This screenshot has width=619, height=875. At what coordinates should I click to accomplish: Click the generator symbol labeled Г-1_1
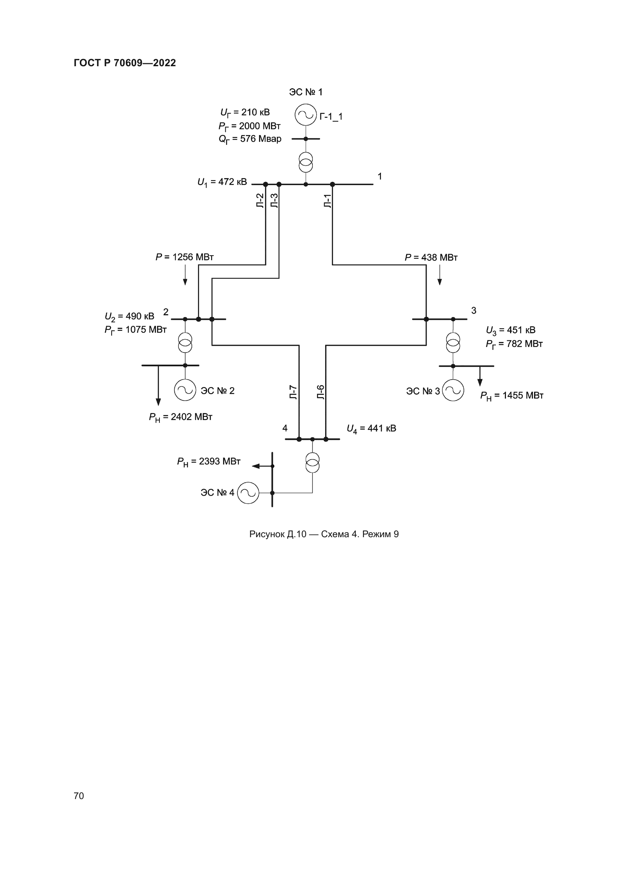tap(306, 115)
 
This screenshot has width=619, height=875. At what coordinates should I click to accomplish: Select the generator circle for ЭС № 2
tap(185, 390)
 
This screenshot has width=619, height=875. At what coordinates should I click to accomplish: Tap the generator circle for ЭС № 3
tap(453, 390)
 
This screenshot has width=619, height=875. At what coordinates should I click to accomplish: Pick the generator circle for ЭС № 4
tap(248, 493)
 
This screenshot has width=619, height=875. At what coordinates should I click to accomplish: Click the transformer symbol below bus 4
tap(312, 463)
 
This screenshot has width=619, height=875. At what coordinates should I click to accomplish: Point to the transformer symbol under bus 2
tap(185, 343)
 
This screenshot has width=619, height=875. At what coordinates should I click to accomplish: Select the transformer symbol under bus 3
tap(453, 343)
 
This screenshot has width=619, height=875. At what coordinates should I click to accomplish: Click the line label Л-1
tap(327, 201)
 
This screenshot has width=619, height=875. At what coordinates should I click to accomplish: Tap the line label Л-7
tap(293, 392)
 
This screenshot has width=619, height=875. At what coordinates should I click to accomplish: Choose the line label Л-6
tap(321, 392)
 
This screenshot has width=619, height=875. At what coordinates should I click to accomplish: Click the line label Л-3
tap(274, 201)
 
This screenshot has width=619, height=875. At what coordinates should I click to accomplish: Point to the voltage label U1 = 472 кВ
tap(222, 182)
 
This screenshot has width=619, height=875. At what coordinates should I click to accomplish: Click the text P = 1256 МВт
tap(185, 257)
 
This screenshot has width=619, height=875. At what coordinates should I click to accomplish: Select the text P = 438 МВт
tap(431, 258)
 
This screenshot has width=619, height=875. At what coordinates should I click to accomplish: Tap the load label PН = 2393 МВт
tap(208, 462)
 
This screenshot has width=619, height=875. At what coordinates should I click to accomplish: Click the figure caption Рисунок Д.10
tap(324, 534)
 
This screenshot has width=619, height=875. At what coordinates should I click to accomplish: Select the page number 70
tap(79, 796)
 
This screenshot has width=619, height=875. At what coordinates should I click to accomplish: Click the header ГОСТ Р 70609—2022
tap(125, 63)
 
